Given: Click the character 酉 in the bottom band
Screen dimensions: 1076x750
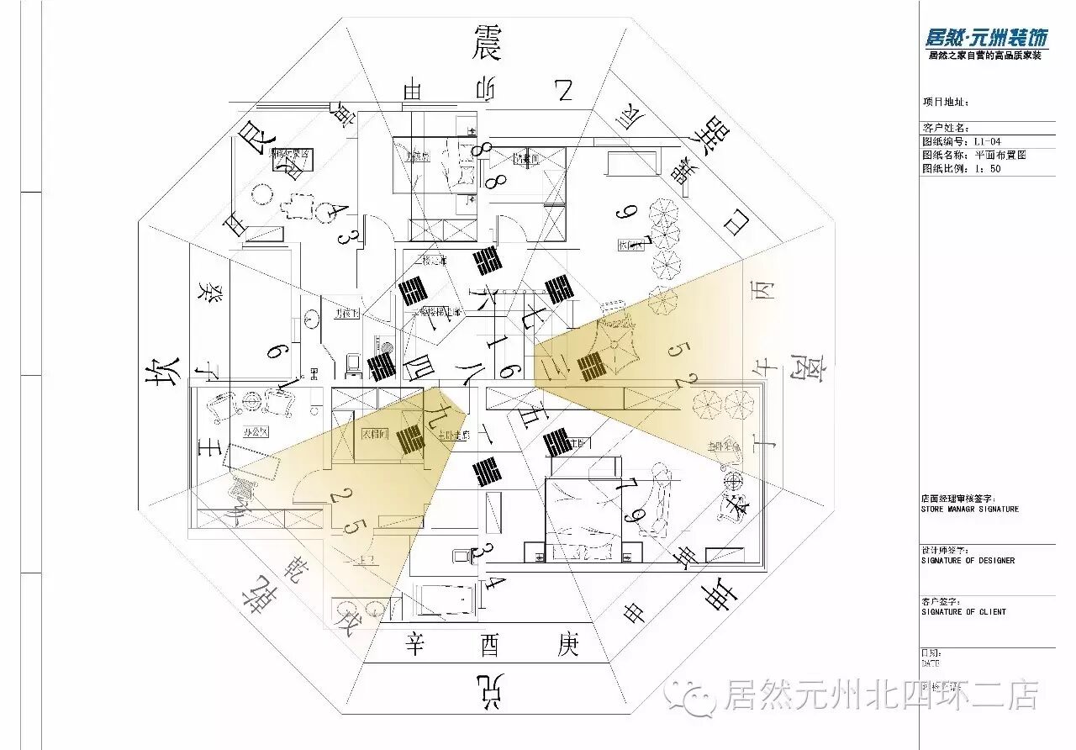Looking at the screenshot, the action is pos(490,646).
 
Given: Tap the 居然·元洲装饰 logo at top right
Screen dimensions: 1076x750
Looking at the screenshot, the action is pos(986,38).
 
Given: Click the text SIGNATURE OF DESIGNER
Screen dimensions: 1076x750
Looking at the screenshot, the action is pos(968,561).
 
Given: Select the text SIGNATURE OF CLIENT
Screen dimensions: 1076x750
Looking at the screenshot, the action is pos(963,612).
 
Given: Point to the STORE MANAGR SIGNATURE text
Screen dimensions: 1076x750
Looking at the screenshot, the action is pos(969,509).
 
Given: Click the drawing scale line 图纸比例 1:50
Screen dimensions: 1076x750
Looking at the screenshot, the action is pos(962,168).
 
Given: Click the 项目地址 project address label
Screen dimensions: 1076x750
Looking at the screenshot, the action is pos(947,103).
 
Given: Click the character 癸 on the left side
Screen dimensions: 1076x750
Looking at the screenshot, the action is pos(205,293).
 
